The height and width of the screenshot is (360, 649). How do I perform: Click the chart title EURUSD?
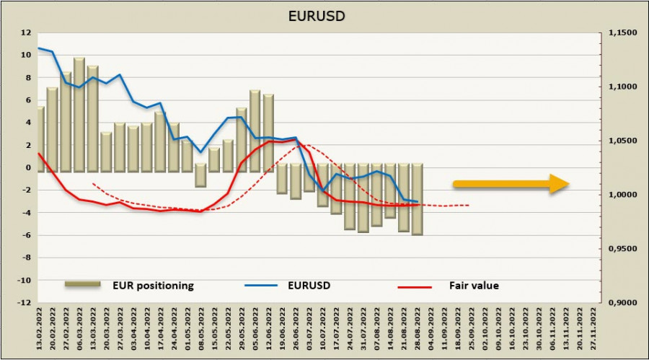pos(324,14)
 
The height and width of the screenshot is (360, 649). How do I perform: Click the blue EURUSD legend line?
pos(262,286)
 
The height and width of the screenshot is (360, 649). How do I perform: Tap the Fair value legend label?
pos(477,286)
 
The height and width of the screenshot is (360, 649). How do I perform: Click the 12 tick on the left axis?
pos(26,32)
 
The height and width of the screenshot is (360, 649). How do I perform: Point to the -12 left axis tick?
pos(24,302)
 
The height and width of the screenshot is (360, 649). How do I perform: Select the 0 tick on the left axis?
pos(27,167)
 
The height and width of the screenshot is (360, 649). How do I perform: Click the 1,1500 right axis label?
pos(624,32)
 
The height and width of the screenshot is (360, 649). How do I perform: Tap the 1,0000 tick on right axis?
pos(624,195)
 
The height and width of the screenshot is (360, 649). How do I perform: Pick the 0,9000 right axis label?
pos(624,303)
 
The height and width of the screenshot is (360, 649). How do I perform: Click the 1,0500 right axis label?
pos(624,141)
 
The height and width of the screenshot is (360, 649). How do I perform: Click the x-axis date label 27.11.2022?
pos(593,328)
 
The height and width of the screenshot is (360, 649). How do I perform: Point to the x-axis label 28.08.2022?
pos(417,328)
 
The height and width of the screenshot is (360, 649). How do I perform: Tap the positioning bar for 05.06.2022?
pos(255,130)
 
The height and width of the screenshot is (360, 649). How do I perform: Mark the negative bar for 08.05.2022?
pos(200,175)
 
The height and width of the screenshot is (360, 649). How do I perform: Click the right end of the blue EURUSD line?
pos(418,201)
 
